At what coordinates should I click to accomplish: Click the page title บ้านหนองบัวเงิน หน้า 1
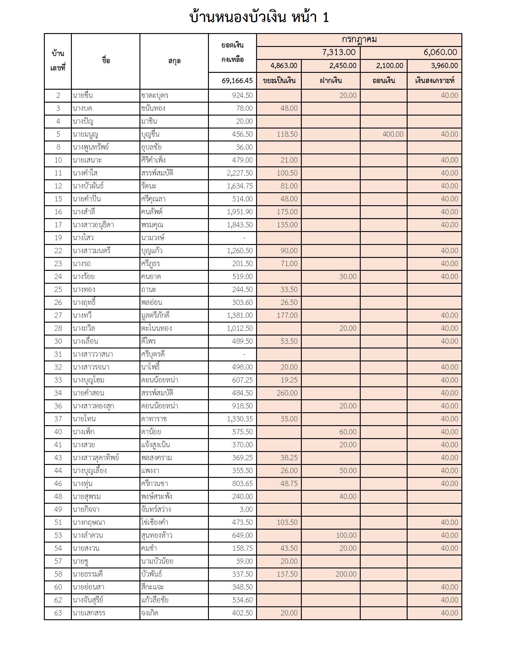click(259, 17)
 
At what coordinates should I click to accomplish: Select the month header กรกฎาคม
click(359, 40)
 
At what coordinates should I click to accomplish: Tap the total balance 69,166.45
click(237, 81)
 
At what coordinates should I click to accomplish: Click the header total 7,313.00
click(338, 52)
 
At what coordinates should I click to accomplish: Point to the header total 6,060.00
click(440, 52)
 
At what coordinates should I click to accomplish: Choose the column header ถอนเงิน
click(384, 81)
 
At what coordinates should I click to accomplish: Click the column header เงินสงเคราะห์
click(434, 81)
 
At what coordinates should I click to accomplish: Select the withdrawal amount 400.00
click(393, 134)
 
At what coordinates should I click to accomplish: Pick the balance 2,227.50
click(240, 173)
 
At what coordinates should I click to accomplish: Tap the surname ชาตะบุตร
click(155, 95)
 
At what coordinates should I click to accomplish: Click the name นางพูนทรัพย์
click(90, 147)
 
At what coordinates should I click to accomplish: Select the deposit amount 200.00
click(346, 574)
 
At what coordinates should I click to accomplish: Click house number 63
click(58, 613)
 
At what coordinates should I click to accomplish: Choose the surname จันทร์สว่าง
click(156, 509)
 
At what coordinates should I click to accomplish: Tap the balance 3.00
click(246, 509)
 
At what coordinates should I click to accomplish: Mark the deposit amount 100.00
click(346, 535)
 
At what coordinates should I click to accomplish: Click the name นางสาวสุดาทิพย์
click(96, 458)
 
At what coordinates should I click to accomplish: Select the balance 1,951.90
click(240, 212)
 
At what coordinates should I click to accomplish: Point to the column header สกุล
click(174, 61)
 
